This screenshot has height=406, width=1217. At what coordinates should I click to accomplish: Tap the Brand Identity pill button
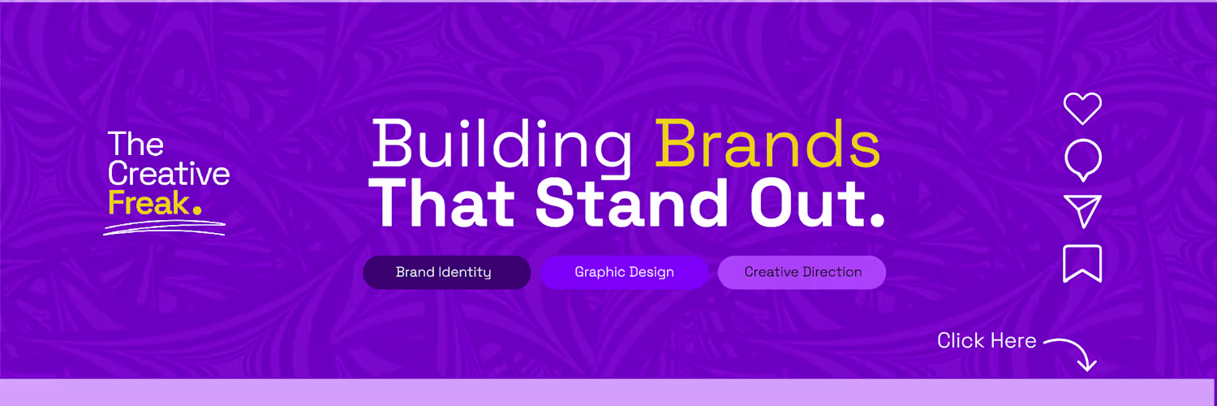coord(446,272)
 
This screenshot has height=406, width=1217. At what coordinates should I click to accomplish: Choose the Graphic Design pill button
coord(624,272)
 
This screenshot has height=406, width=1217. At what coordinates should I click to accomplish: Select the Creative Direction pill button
coord(802,272)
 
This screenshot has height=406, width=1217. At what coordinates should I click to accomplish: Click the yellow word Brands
coord(768,144)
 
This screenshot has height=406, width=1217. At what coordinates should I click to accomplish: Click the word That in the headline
coord(441,203)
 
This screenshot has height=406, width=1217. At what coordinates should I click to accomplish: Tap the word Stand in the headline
coord(631,203)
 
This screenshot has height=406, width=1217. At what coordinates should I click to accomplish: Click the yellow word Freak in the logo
coord(148,203)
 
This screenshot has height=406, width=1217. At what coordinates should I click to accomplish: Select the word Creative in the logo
coord(169,174)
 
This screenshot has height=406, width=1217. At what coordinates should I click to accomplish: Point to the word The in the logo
coord(135,144)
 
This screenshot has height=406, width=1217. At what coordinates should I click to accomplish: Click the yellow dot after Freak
coord(197,209)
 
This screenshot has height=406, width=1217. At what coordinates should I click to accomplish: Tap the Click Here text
coord(987,341)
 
